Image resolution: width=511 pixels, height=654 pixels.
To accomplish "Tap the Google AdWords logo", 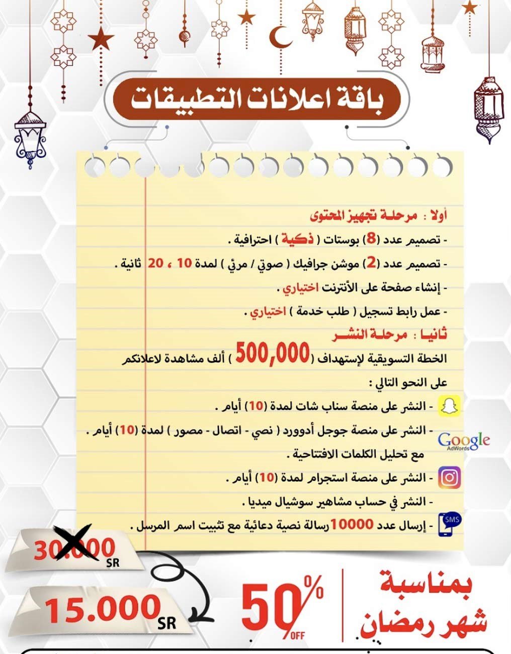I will click(x=463, y=441).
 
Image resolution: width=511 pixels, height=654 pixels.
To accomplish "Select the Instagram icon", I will click(x=449, y=477).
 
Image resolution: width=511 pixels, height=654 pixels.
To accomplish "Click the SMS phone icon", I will click(x=450, y=524).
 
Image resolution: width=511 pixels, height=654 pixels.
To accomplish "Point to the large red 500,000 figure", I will click(x=272, y=355).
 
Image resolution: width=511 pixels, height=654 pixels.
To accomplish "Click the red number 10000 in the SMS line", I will click(x=352, y=525).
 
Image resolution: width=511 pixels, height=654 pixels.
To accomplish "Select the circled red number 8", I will click(x=371, y=239).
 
